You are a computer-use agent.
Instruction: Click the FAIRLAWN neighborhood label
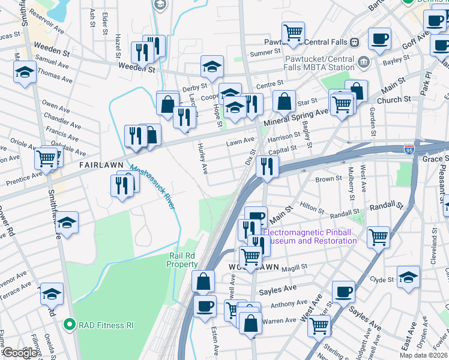[x=100, y=164]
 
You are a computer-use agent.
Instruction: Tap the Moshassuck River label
[x=152, y=187]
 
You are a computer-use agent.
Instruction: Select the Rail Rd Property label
[x=182, y=260]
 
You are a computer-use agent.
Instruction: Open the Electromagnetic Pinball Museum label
[x=310, y=236]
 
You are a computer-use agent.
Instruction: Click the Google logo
[x=20, y=353]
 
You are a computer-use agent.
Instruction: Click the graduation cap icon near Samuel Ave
[x=24, y=72]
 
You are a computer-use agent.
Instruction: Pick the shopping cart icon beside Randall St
[x=378, y=236]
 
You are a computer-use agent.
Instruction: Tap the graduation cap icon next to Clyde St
[x=409, y=277]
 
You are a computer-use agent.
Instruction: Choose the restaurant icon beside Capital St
[x=266, y=166]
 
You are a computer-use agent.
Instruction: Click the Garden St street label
[x=372, y=115]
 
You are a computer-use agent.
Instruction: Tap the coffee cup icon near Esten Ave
[x=205, y=306]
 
